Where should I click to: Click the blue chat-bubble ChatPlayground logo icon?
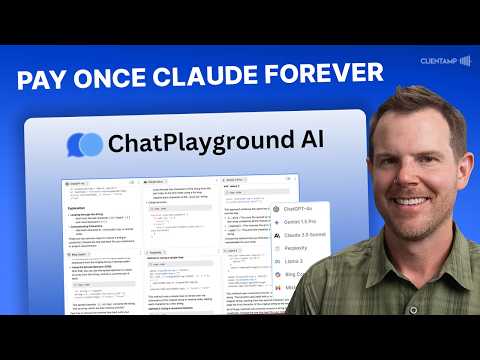[x=84, y=145]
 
